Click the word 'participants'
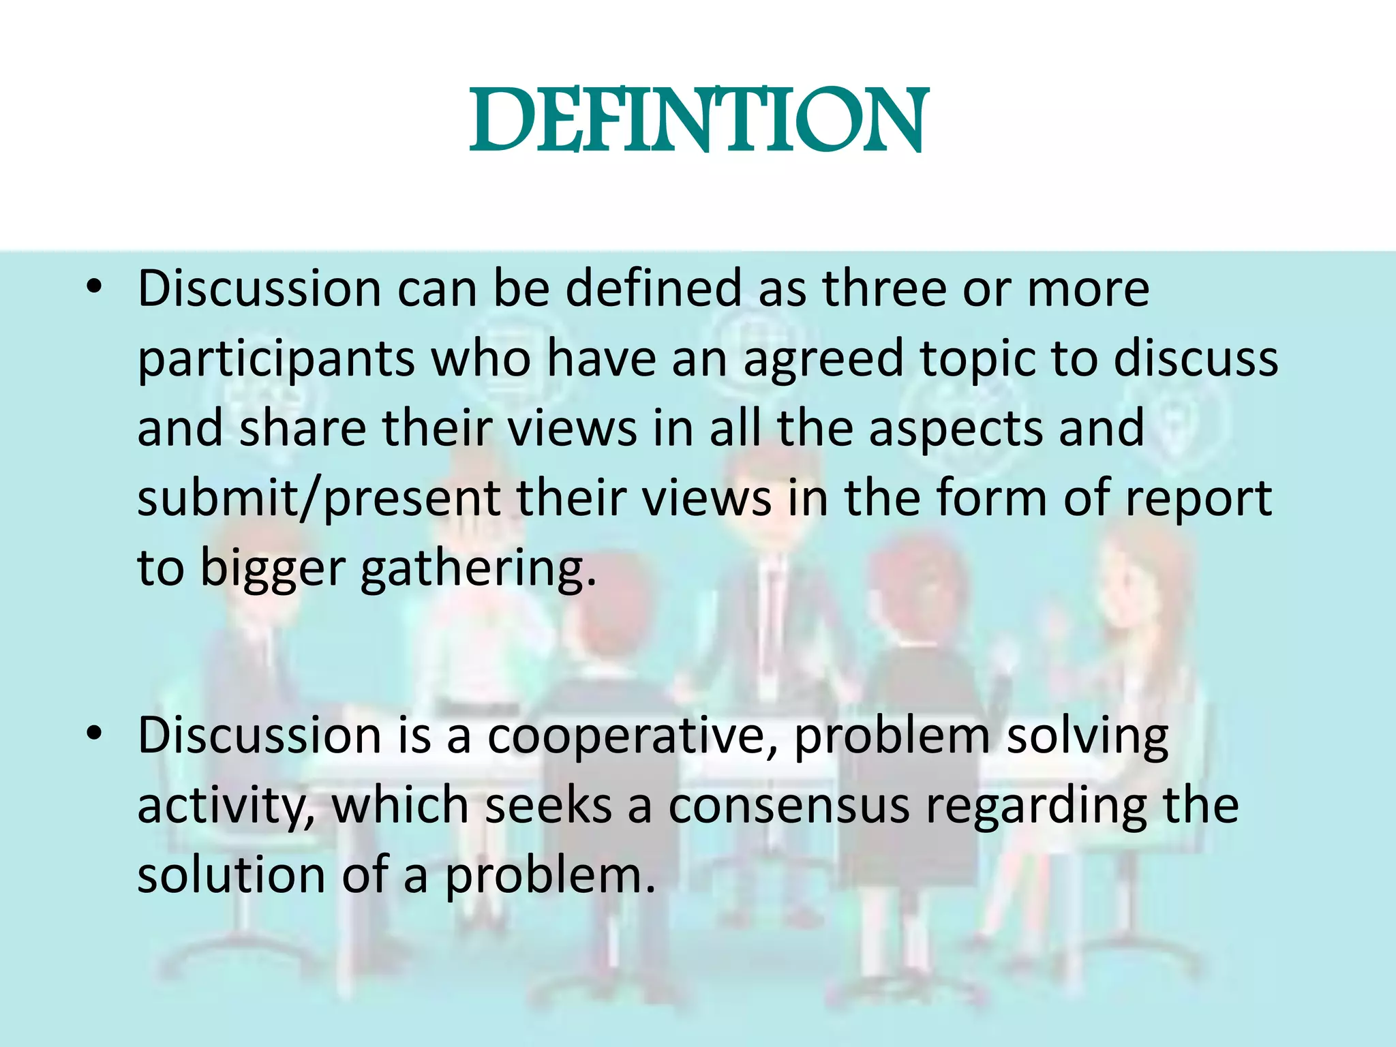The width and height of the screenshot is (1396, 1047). (276, 359)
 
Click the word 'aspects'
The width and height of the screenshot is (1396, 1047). (955, 429)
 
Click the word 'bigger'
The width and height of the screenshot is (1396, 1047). (272, 569)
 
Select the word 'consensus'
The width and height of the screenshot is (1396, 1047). (788, 806)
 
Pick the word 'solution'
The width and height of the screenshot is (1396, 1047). (231, 875)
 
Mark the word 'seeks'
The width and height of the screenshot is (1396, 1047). (548, 806)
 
